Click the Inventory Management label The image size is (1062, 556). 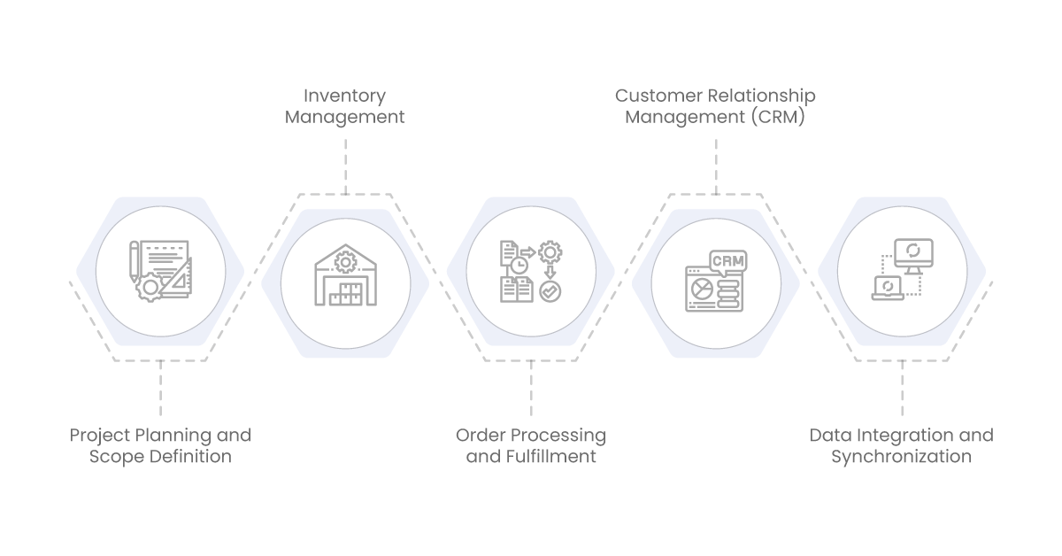pos(344,105)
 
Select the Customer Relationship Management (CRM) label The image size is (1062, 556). pos(715,105)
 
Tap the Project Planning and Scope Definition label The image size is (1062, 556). pos(160,445)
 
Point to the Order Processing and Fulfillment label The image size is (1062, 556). pos(531,445)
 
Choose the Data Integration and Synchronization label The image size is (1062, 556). pos(901,445)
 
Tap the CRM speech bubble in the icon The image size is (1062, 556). pos(727,262)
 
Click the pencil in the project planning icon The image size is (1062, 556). pos(135,262)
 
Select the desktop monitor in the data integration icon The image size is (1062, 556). pos(912,254)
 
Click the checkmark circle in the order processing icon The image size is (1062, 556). pos(550,291)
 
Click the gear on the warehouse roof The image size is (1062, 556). pos(345,262)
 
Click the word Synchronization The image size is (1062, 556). pos(901,457)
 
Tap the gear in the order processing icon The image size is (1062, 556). pos(550,253)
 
